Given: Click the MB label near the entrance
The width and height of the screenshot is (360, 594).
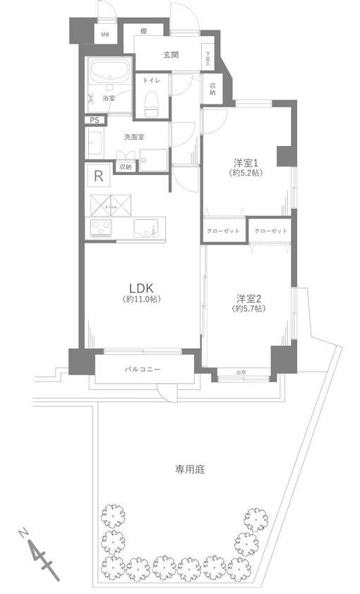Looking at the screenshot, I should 104,34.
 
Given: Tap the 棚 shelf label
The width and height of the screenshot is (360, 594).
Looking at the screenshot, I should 143,31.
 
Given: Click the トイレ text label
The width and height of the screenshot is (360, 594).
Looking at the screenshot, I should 151,81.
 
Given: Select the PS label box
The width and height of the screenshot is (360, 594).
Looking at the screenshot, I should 94,121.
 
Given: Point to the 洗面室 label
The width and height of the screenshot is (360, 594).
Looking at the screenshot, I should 114,136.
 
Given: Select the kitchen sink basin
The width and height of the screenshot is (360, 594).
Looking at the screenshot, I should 147,228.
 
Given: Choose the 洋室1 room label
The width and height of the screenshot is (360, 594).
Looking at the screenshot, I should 246,162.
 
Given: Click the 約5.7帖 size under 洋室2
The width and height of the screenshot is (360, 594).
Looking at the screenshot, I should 249,309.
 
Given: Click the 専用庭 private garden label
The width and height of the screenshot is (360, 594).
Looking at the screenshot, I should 190,468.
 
